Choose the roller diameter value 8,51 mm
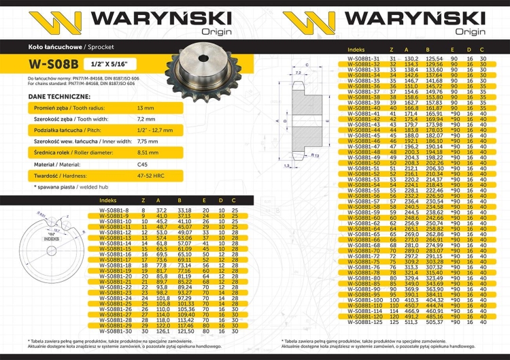click(148, 152)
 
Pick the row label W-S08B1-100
click(364, 299)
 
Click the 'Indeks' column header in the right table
click(356, 50)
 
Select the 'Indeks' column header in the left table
click(107, 201)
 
